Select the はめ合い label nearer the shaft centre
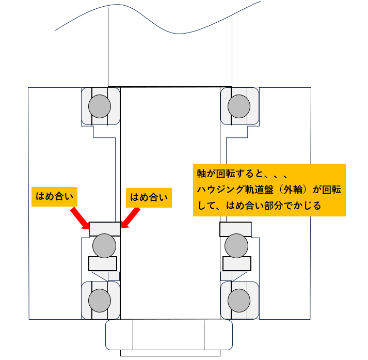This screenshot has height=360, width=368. coord(149,196)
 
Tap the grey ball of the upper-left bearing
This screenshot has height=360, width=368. coord(99,106)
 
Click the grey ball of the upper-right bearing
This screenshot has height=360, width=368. coord(238,106)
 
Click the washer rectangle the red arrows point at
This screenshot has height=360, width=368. coord(105,228)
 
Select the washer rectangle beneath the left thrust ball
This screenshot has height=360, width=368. coord(103,263)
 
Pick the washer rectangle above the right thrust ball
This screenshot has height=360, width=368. coord(235,228)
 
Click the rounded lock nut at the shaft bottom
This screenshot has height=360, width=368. coord(169,335)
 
